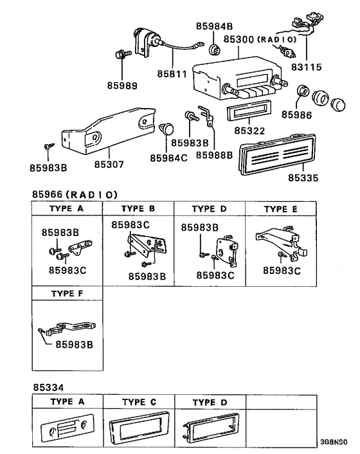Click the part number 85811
pyautogui.click(x=172, y=74)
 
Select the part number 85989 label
pyautogui.click(x=122, y=85)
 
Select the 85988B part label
pyautogui.click(x=213, y=155)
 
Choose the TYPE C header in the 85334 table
pyautogui.click(x=139, y=402)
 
